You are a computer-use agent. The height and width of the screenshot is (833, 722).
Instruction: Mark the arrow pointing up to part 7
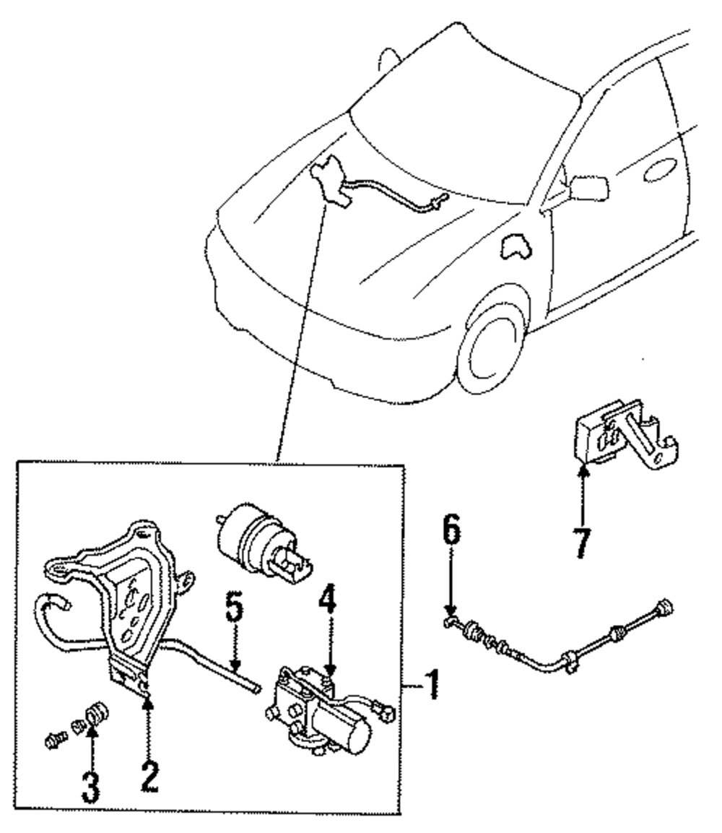tap(584, 495)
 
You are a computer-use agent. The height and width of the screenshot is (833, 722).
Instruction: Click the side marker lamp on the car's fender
tap(514, 246)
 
